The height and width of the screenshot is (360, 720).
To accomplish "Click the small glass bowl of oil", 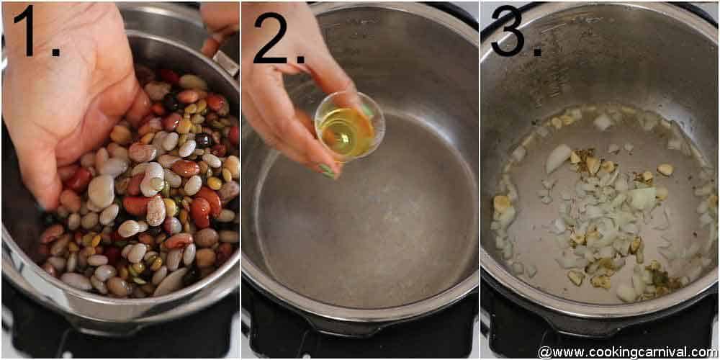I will [349, 125].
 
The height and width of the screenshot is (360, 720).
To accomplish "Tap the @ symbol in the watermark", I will [545, 352].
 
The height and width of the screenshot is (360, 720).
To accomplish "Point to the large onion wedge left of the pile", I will [558, 158].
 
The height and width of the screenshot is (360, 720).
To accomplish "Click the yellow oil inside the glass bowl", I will [346, 133].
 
